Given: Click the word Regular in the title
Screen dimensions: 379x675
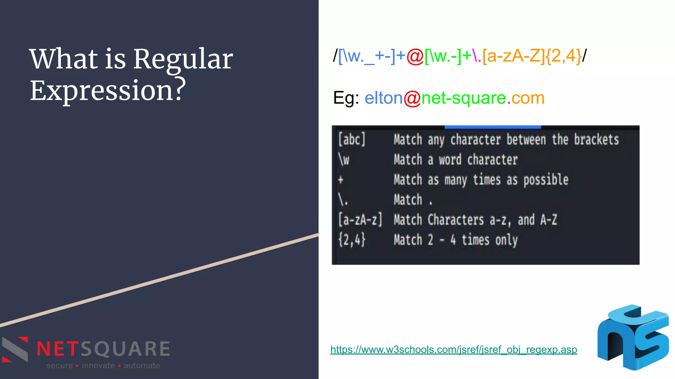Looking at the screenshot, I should tap(183, 60).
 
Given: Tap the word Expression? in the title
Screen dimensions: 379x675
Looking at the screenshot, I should tap(108, 90).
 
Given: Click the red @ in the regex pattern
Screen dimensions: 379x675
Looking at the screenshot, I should tap(415, 56).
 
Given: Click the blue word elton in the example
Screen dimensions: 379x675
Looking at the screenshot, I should tap(384, 98).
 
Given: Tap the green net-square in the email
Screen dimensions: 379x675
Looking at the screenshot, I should tap(464, 98).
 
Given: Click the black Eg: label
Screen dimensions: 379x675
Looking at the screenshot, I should tap(346, 98).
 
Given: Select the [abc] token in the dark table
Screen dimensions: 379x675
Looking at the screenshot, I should tap(352, 139).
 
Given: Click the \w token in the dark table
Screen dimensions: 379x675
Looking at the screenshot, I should tap(344, 160).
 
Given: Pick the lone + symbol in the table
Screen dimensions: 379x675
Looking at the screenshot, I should tap(341, 180).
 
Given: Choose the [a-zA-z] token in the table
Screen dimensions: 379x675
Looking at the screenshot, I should tap(360, 220).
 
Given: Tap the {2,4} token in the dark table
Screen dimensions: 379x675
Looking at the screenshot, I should tap(352, 240).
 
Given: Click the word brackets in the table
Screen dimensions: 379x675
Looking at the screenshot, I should tap(596, 139).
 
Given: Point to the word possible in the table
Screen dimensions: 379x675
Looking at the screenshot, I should tap(546, 180).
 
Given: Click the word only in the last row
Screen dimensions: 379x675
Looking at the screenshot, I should tap(506, 240).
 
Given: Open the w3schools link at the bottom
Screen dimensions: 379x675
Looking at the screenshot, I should tap(454, 349).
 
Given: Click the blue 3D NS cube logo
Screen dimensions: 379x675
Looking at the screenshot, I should tap(633, 337).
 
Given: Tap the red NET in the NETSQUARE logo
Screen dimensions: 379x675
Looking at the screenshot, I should tap(58, 349).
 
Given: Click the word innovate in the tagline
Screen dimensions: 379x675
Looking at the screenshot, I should tap(98, 366).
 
